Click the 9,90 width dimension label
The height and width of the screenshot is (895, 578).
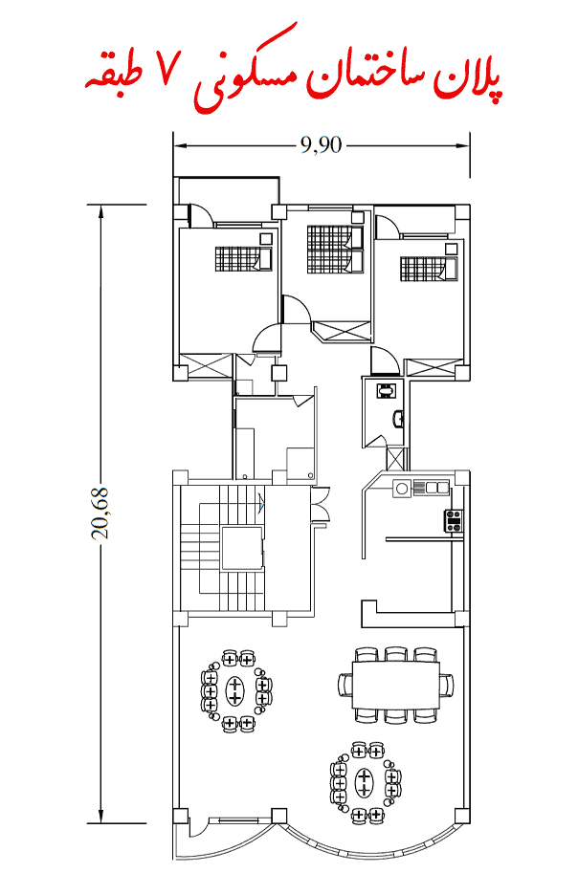(x=321, y=145)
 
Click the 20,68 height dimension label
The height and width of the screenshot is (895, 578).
(x=100, y=513)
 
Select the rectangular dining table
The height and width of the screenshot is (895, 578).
(x=396, y=685)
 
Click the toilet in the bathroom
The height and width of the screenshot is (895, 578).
(x=386, y=390)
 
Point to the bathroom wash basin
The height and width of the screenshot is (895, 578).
(x=398, y=419)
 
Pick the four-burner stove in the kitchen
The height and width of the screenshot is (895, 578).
(x=454, y=521)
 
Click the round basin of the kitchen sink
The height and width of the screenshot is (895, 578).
(x=402, y=489)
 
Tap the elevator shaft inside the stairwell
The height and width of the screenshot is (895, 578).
(x=242, y=548)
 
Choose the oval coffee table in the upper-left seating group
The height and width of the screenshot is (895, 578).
(x=234, y=689)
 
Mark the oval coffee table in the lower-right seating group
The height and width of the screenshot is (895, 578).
(x=364, y=782)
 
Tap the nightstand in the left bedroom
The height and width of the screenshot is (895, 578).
(x=266, y=239)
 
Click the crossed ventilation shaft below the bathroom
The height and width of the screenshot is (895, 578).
(x=398, y=458)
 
